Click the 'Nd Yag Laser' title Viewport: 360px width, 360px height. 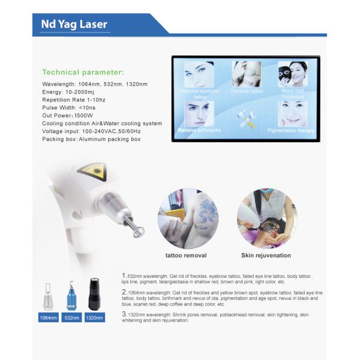click(74, 25)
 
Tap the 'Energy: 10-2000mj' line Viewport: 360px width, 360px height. click(70, 92)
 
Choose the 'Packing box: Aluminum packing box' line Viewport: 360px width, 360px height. click(91, 139)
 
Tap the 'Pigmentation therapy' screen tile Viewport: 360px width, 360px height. click(293, 117)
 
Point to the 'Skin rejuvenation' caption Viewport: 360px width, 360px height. click(266, 256)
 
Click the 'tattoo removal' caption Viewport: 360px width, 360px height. click(186, 256)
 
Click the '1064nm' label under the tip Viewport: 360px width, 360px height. click(49, 317)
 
